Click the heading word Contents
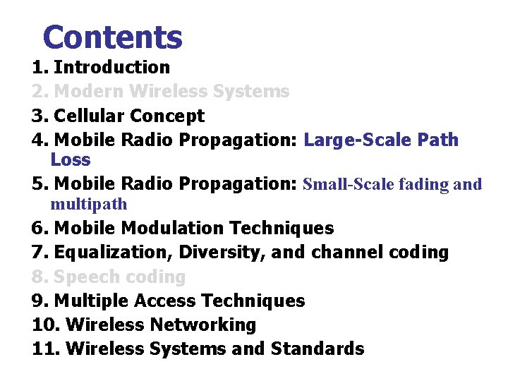coord(112,37)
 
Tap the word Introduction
coord(111,68)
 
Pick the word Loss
coord(71,159)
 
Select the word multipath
coord(89,205)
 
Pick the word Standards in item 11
coord(320,349)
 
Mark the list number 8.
coord(40,277)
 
